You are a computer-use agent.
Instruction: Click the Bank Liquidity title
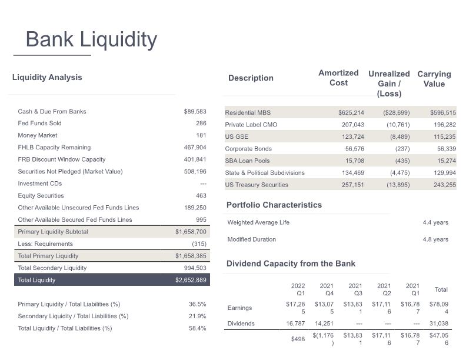coord(91,39)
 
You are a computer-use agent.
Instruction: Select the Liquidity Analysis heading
coord(47,77)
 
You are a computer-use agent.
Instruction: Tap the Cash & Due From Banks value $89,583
coord(195,111)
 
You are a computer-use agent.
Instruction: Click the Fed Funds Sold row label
coord(39,124)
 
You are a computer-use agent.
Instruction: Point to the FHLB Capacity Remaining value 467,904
coord(195,147)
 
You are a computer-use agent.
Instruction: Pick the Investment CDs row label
coord(40,184)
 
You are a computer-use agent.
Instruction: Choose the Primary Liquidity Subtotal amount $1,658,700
coord(191,232)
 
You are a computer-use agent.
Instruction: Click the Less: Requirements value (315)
coord(199,244)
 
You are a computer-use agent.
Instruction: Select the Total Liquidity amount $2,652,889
coord(191,280)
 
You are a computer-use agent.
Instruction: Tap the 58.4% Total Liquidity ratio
coord(197,328)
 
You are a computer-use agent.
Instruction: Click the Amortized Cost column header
coord(338,78)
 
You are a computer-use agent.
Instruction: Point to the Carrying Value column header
coord(434,79)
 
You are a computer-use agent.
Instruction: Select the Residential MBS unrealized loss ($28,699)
coord(397,112)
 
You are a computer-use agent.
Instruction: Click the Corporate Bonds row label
coord(248,148)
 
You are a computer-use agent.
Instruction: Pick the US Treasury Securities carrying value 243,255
coord(445,185)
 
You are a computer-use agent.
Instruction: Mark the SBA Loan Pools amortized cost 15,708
coord(355,161)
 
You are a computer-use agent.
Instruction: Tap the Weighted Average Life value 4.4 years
coord(435,222)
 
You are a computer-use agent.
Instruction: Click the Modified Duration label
coord(252,239)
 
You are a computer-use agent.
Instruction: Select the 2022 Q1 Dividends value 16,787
coord(295,324)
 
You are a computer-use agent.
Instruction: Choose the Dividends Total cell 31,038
coord(439,324)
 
